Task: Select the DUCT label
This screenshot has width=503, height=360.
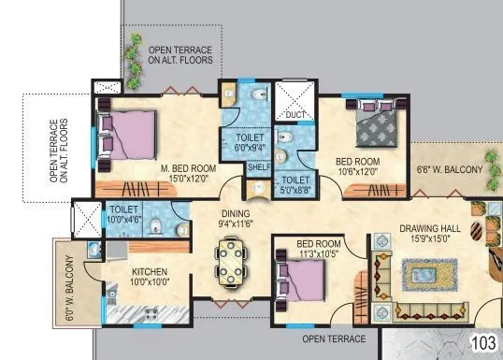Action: click(x=295, y=115)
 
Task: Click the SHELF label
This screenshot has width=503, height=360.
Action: click(x=258, y=168)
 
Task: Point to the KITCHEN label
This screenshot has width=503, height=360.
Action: click(x=149, y=272)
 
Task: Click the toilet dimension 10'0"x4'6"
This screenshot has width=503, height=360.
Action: click(x=124, y=221)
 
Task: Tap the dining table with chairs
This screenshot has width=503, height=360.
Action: click(x=231, y=259)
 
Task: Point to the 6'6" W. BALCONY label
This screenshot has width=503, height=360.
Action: click(x=450, y=169)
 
